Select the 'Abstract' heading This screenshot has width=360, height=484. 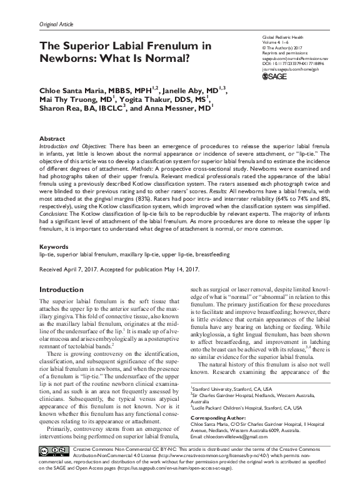[x=52, y=138]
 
